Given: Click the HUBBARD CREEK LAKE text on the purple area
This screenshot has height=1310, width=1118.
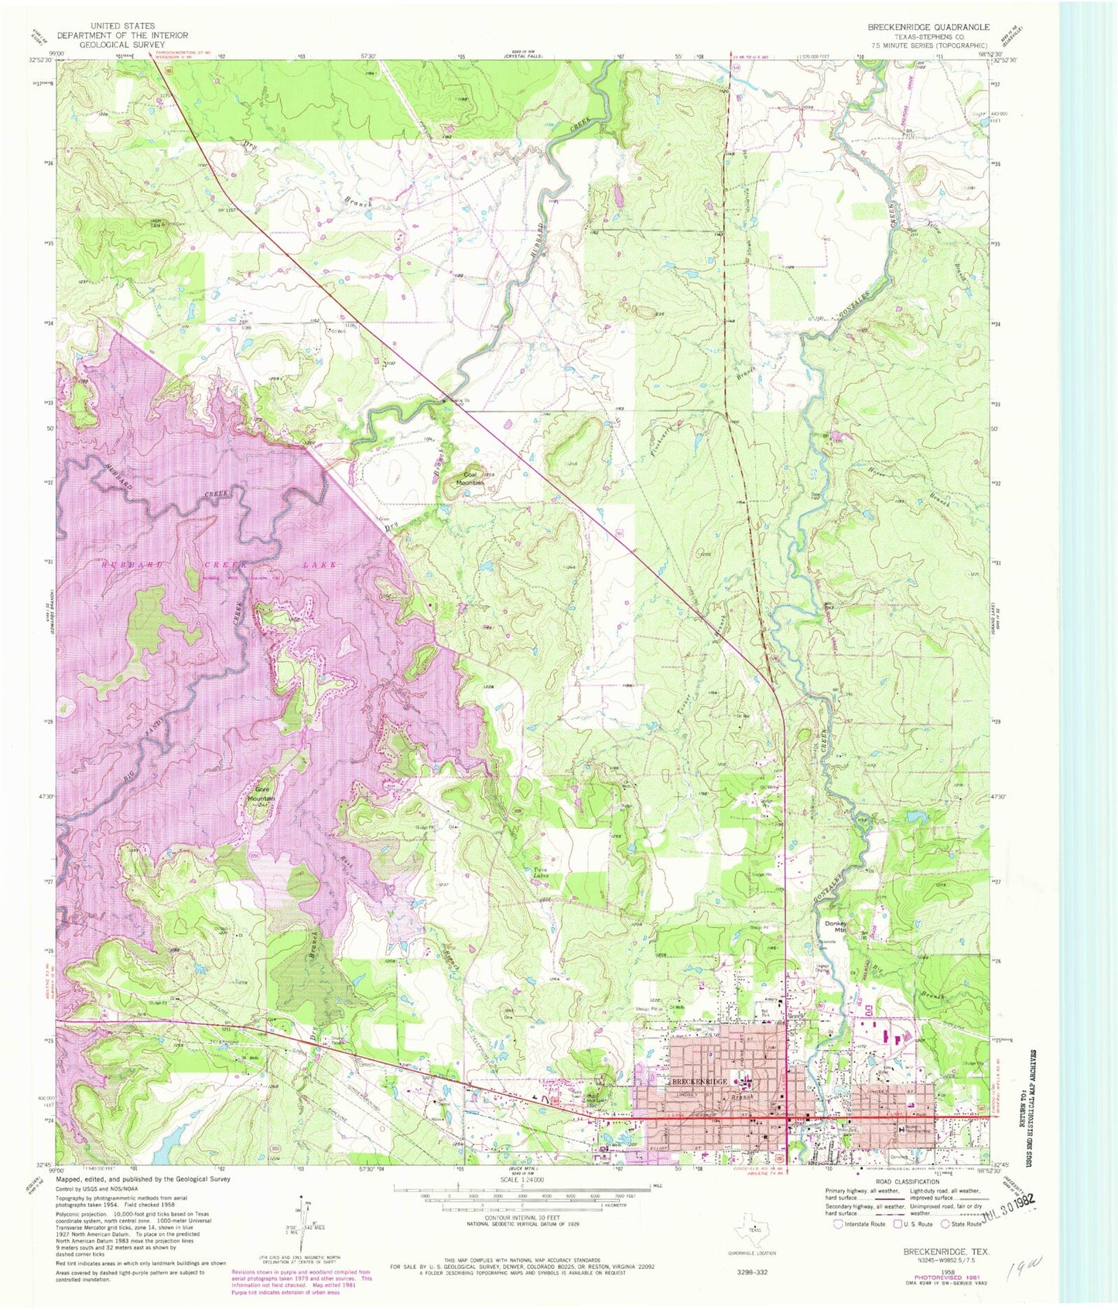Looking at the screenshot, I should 220,565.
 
